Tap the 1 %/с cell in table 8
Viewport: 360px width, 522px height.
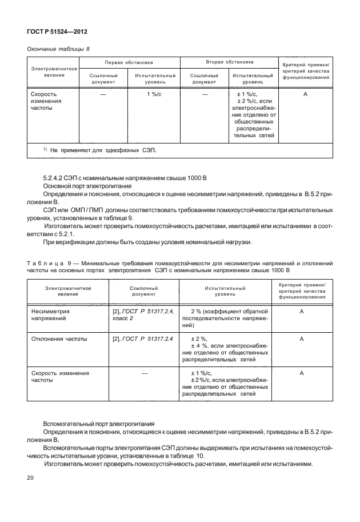(x=153, y=93)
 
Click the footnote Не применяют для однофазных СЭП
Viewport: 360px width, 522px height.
(x=102, y=150)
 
